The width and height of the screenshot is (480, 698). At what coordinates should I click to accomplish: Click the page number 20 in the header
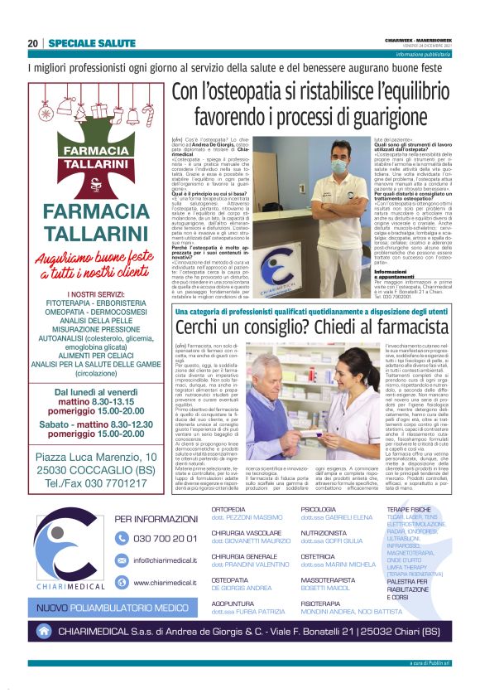[33, 43]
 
